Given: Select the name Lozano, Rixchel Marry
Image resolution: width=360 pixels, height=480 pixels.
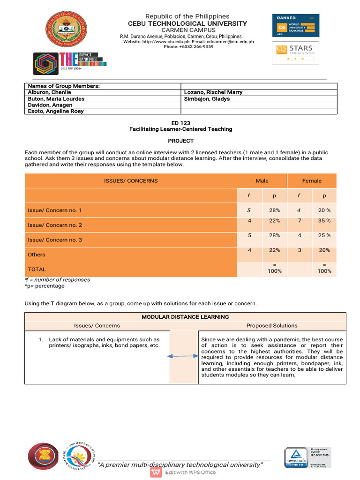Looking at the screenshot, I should click(213, 92).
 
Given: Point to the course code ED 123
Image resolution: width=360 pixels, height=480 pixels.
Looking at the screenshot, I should click(180, 123).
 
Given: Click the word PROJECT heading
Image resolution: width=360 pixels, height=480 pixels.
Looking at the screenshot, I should click(180, 141).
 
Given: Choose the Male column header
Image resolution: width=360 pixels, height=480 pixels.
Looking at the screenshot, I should click(262, 181).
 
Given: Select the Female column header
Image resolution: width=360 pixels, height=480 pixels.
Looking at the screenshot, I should click(312, 181).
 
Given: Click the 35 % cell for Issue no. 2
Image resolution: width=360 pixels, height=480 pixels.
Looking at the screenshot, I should click(324, 221).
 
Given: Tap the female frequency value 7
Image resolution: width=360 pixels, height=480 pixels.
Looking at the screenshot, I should click(300, 221).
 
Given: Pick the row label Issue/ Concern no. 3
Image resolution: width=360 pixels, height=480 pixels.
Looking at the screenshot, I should click(55, 240).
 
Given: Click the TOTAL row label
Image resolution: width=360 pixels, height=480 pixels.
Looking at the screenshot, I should click(37, 269).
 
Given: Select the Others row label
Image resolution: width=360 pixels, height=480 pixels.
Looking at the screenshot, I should click(37, 255).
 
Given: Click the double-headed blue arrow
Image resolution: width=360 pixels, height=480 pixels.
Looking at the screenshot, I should click(183, 357).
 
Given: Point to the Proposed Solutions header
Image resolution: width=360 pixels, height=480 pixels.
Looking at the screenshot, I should click(272, 325).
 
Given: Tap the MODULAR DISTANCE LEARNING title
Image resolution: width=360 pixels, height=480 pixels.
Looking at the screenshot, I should click(185, 317).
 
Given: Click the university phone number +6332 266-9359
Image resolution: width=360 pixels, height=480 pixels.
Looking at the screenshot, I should click(188, 46).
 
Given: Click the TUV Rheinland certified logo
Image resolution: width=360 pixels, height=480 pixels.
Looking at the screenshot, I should click(296, 457).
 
